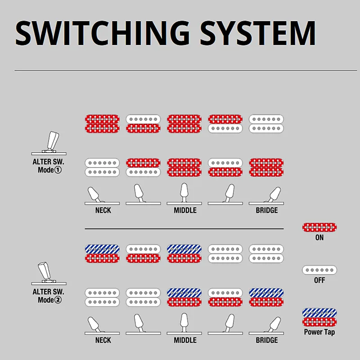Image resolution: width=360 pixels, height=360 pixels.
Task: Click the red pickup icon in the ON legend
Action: [x=319, y=227]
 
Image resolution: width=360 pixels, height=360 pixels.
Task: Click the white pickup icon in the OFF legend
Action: [x=319, y=270]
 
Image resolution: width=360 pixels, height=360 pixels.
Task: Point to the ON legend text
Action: [x=319, y=238]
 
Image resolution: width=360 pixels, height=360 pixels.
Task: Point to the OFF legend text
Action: [x=319, y=280]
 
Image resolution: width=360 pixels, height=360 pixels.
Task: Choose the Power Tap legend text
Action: [x=319, y=332]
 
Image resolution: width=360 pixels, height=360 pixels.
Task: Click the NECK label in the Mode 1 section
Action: [x=103, y=211]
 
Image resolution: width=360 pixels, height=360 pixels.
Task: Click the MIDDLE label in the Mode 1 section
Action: [x=185, y=211]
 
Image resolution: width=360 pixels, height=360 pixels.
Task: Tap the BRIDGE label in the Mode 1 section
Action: [x=266, y=211]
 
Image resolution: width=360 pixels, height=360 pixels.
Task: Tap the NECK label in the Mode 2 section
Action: [x=103, y=340]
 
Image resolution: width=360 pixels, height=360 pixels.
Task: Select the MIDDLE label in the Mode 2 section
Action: [x=185, y=340]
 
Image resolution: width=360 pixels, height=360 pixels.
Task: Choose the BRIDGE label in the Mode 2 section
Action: [x=266, y=340]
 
